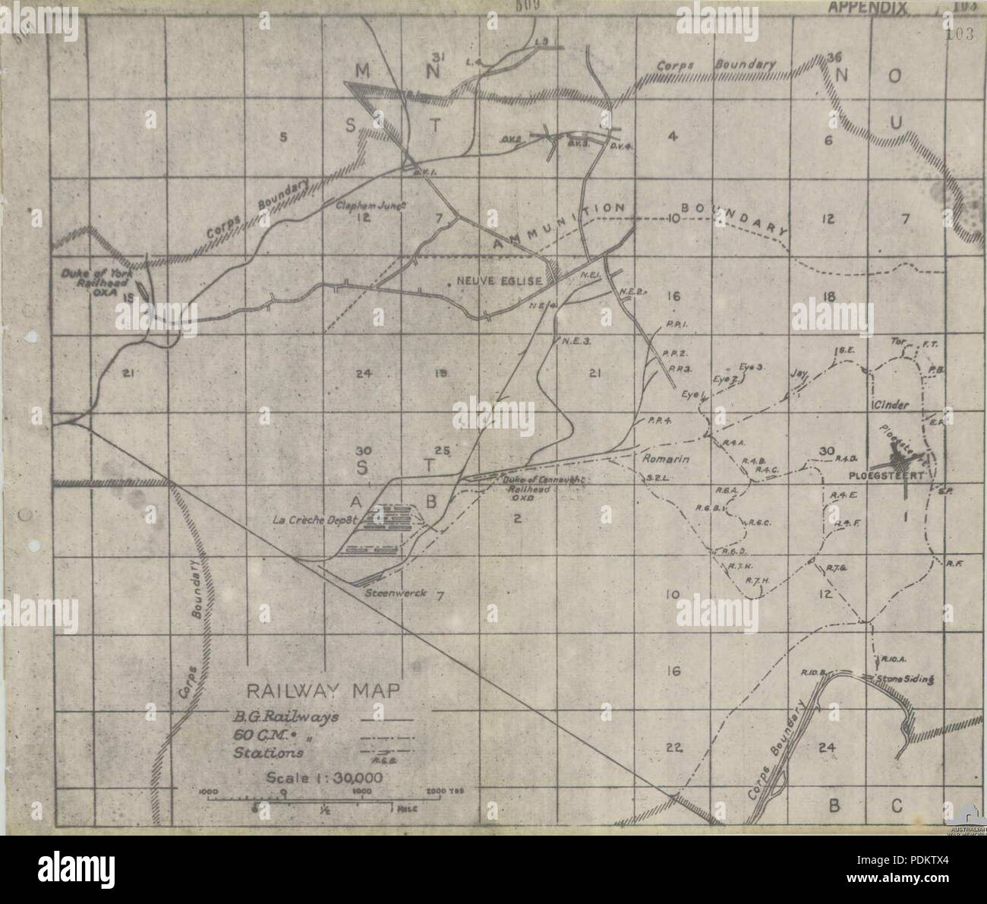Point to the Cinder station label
[x=891, y=404]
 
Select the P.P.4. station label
[x=657, y=421]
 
